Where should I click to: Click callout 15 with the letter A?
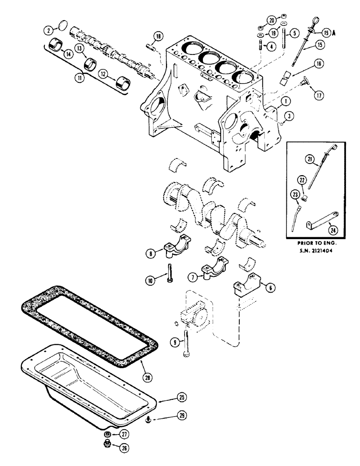[325, 32]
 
